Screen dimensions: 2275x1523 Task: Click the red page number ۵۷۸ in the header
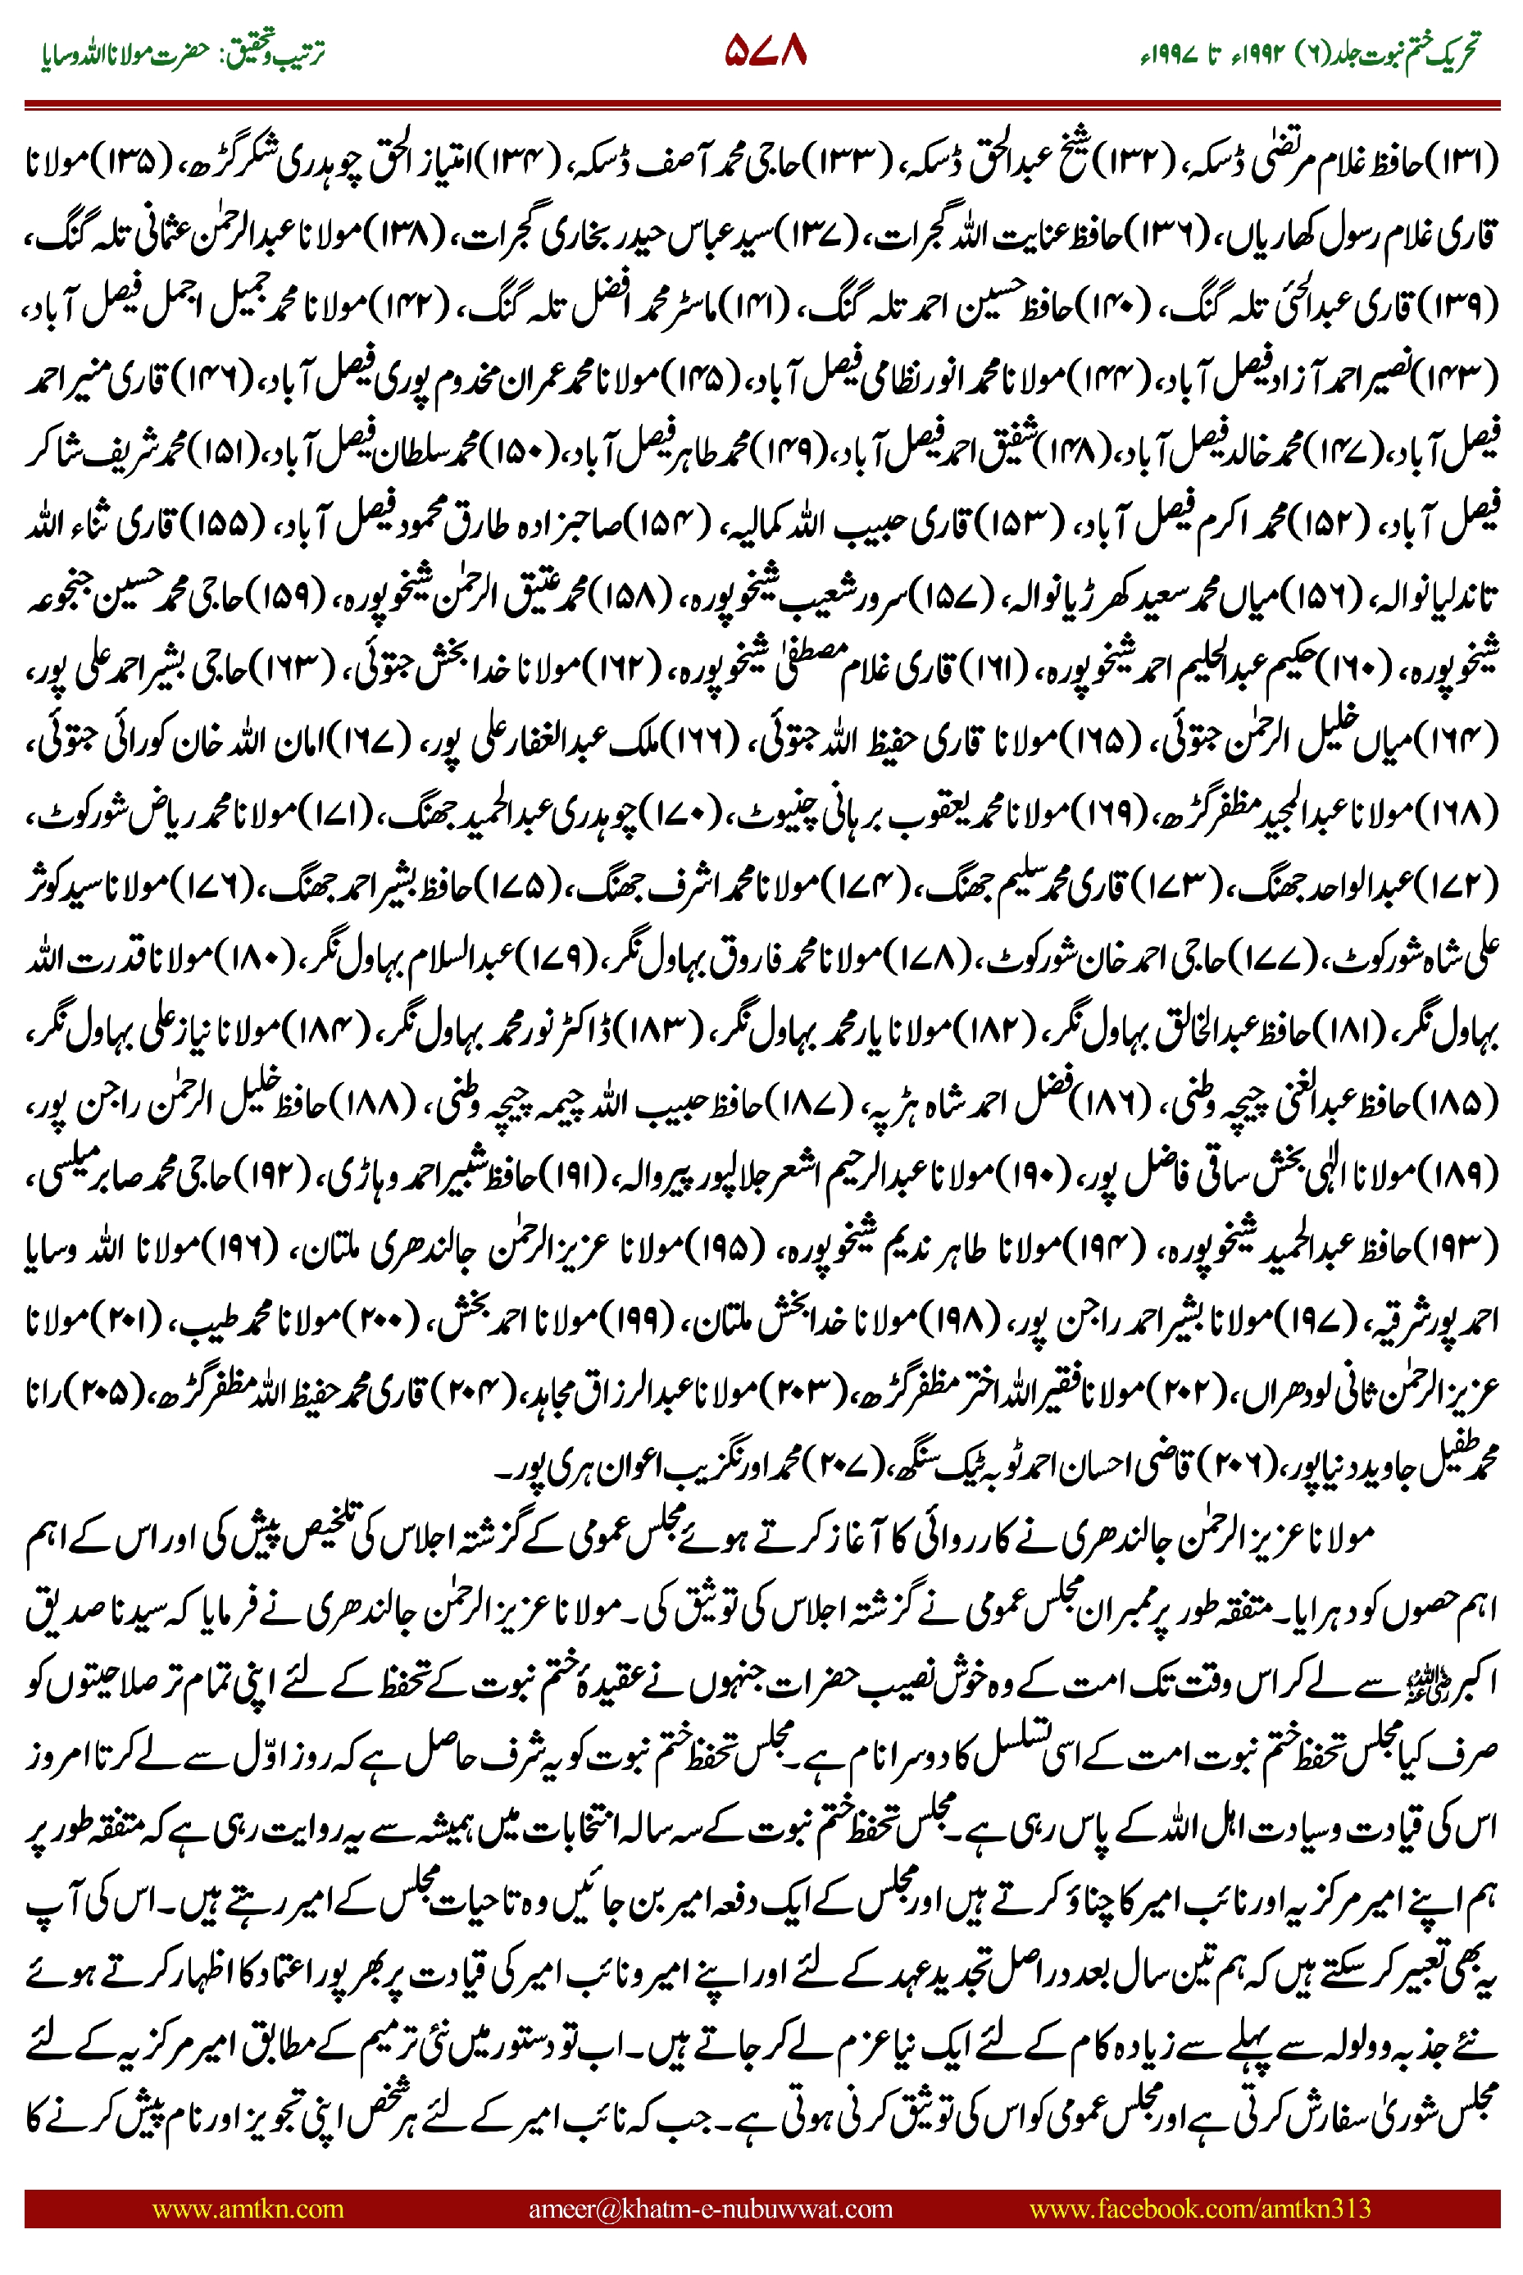point(766,52)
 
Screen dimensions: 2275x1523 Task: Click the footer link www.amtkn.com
point(248,2208)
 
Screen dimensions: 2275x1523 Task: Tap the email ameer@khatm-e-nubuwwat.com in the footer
point(710,2208)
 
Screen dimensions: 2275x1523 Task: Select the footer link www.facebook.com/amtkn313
point(1199,2208)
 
